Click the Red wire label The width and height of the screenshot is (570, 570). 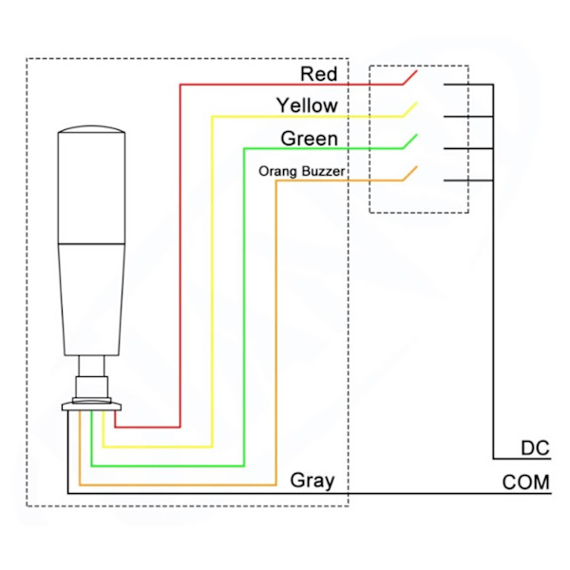click(318, 73)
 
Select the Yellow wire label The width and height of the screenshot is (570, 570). click(307, 104)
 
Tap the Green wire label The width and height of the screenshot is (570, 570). click(309, 139)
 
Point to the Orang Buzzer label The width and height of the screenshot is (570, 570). click(301, 172)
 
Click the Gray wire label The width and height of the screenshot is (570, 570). click(313, 481)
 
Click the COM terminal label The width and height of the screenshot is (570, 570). click(525, 484)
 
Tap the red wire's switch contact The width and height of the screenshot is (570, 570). click(409, 76)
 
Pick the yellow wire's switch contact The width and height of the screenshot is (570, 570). click(409, 108)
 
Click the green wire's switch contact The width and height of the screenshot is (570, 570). click(409, 142)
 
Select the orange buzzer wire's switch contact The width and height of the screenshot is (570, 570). click(409, 174)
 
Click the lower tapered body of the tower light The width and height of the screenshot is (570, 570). click(90, 294)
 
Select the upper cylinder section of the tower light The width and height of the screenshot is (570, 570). click(89, 190)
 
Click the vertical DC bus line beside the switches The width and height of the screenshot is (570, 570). click(494, 285)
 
